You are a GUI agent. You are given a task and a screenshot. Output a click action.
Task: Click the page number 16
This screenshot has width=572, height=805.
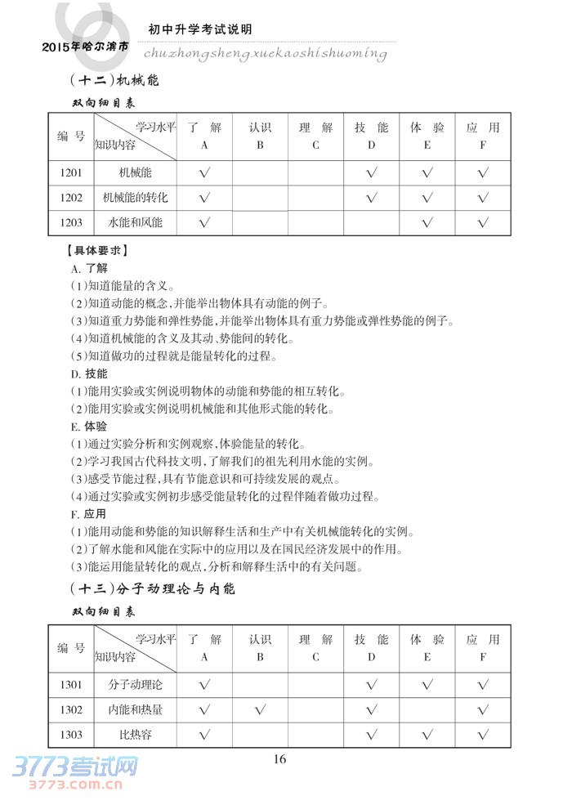pyautogui.click(x=279, y=758)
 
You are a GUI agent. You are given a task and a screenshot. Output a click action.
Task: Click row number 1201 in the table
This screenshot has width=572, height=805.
pyautogui.click(x=71, y=173)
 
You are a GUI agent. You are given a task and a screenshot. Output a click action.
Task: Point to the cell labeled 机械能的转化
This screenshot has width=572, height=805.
pyautogui.click(x=136, y=198)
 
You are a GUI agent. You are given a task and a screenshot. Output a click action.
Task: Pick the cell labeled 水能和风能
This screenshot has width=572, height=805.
pyautogui.click(x=136, y=222)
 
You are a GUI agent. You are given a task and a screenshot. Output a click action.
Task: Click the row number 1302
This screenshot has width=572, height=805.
pyautogui.click(x=71, y=709)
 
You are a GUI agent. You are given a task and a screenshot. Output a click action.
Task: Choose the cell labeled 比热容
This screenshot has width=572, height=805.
pyautogui.click(x=136, y=735)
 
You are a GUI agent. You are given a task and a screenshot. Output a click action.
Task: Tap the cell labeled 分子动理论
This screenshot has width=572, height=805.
pyautogui.click(x=136, y=683)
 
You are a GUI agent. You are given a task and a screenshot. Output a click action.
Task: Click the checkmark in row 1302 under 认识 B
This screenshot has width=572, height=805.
pyautogui.click(x=260, y=709)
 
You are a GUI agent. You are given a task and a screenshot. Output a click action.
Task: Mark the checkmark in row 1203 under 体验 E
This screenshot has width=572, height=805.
pyautogui.click(x=427, y=222)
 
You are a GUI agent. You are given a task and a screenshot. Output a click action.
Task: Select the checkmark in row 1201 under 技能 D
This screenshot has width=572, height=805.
pyautogui.click(x=371, y=173)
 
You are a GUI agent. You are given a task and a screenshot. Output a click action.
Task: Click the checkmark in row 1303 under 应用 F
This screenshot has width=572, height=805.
pyautogui.click(x=483, y=735)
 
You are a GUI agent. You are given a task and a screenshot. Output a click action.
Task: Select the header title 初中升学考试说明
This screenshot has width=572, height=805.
pyautogui.click(x=200, y=29)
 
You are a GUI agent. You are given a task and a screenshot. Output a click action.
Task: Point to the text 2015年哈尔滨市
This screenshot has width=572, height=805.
pyautogui.click(x=84, y=48)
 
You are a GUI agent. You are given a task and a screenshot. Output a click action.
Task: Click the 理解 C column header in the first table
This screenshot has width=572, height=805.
pyautogui.click(x=315, y=136)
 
